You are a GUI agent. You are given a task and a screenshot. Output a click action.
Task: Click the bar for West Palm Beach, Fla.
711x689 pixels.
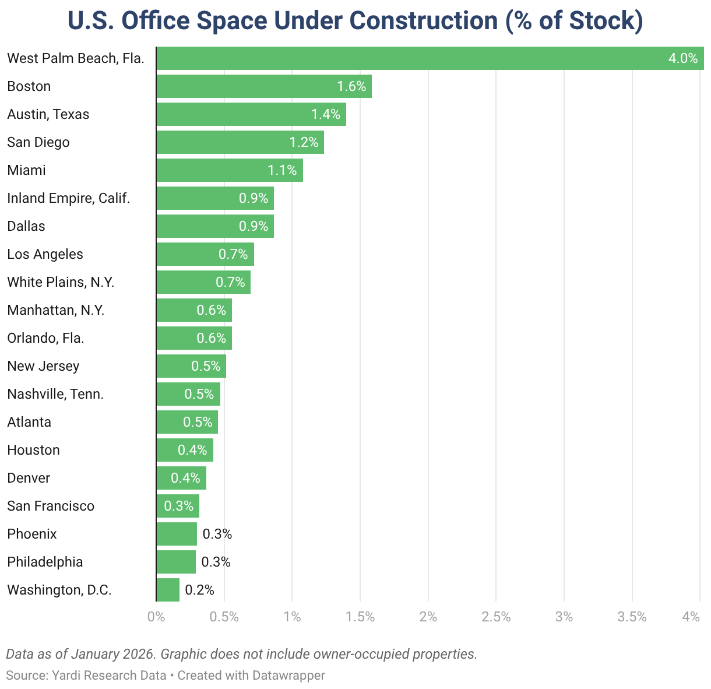pos(430,58)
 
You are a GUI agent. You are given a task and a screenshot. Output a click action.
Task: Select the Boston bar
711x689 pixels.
pos(263,86)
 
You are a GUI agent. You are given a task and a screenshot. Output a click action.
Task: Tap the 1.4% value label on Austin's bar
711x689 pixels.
pos(325,114)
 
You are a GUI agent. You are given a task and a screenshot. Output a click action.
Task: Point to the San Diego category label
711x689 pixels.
pos(38,142)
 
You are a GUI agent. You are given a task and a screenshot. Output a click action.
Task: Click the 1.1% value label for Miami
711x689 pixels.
pos(282,170)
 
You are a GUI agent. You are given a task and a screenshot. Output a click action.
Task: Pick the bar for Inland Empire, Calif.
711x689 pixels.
pos(214,198)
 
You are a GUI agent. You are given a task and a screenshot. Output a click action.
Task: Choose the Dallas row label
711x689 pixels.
pos(26,226)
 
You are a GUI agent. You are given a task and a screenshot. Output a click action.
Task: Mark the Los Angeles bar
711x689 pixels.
pos(205,254)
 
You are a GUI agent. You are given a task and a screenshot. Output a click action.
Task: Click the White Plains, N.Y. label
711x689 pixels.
pos(61,282)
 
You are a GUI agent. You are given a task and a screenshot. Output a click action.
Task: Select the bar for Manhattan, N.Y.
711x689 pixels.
pos(193,310)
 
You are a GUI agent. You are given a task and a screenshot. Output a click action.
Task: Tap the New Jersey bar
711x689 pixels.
pos(191,366)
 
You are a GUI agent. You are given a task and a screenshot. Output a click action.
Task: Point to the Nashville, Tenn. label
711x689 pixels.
pos(55,394)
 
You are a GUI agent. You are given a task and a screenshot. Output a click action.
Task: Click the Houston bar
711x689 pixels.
pos(184,450)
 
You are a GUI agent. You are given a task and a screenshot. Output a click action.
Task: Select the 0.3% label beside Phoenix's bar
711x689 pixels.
pos(217,534)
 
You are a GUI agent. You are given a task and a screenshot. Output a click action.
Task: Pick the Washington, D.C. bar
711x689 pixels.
pos(168,590)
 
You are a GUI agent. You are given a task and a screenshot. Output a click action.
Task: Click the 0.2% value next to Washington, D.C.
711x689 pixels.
pos(199,590)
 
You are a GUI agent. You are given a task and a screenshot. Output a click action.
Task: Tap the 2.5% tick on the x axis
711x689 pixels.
pos(496,617)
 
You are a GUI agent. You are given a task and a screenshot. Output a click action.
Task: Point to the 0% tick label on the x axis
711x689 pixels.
pos(156,617)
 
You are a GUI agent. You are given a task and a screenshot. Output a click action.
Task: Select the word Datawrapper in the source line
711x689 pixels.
pos(288,675)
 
